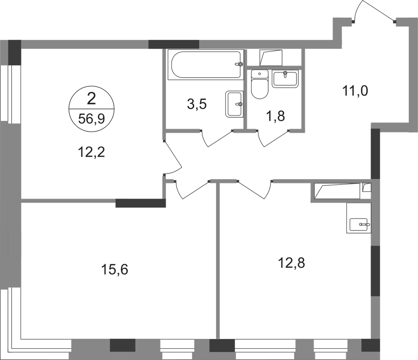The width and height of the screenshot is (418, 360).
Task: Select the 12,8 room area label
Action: tap(292, 263)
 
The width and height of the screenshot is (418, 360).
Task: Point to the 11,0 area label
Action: tap(355, 91)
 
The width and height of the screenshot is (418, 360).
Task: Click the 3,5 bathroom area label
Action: tap(197, 104)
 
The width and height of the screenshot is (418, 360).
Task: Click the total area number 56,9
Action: tap(91, 119)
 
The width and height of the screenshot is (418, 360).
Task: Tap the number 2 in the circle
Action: tap(91, 99)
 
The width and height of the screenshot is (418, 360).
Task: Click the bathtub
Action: tap(205, 65)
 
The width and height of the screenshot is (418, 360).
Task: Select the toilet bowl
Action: tap(260, 84)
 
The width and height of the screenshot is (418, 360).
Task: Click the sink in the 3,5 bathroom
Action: tap(235, 104)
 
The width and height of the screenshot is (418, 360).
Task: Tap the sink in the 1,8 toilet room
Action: tap(285, 79)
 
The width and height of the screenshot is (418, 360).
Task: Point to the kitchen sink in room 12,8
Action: tap(359, 224)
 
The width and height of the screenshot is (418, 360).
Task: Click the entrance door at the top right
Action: tap(374, 12)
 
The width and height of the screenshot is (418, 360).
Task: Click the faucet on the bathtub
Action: tap(239, 64)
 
